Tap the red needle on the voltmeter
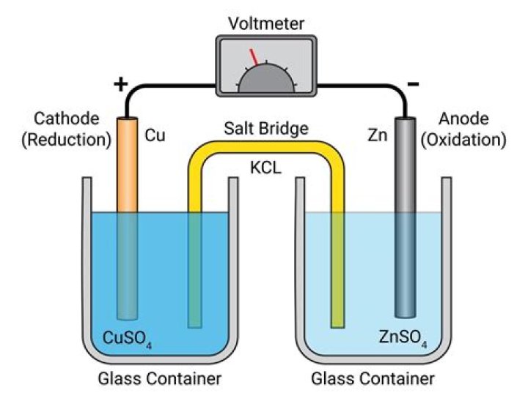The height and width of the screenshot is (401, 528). (x=253, y=57)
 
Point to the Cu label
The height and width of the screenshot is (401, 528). (x=154, y=135)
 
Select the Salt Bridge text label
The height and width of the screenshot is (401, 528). (x=265, y=130)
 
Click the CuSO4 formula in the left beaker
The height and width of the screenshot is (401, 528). (x=131, y=338)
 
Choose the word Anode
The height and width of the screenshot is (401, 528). (x=463, y=119)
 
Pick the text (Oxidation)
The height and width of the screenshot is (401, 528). (x=463, y=139)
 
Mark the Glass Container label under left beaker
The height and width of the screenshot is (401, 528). (x=159, y=380)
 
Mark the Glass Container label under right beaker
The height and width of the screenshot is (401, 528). (x=373, y=380)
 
